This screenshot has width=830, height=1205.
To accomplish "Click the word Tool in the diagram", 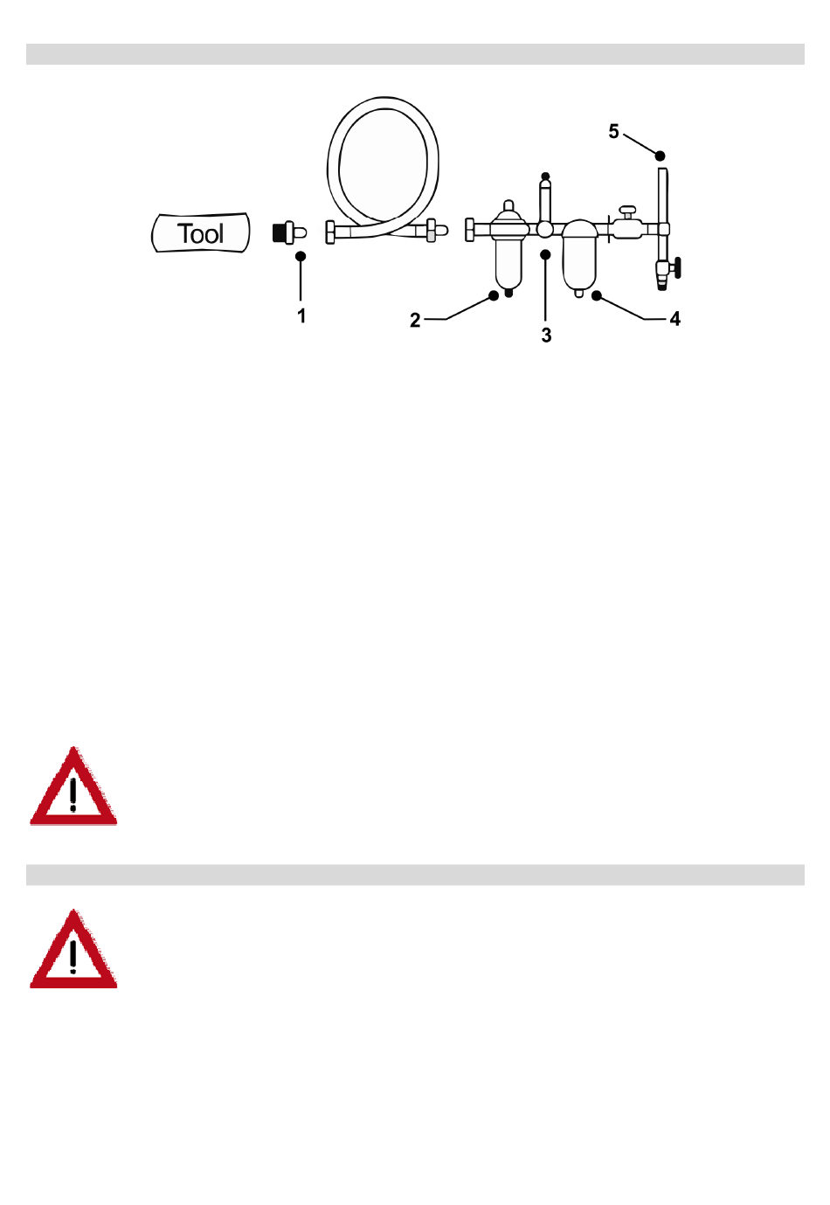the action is point(200,233).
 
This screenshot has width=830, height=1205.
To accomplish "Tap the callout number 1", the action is point(301,315).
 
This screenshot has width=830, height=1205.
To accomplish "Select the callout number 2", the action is point(415,320).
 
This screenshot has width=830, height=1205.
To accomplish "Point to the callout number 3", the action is point(546,336).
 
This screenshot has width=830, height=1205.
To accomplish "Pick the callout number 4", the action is point(675,319).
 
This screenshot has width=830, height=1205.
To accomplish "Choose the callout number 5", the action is point(613,131).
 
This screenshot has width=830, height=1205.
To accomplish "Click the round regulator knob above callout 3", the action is point(544,230).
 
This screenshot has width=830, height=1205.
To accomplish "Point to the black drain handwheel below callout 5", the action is point(678,267).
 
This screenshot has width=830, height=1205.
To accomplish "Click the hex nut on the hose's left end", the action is point(329,232).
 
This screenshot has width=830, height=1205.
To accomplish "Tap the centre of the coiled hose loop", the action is point(383,165).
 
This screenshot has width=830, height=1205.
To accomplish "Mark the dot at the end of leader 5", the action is point(660,156).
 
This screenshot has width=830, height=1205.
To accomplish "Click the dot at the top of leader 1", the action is point(301,256).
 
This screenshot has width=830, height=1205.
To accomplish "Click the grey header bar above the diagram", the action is point(415,54).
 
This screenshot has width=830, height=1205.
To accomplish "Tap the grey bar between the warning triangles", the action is point(415,875).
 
